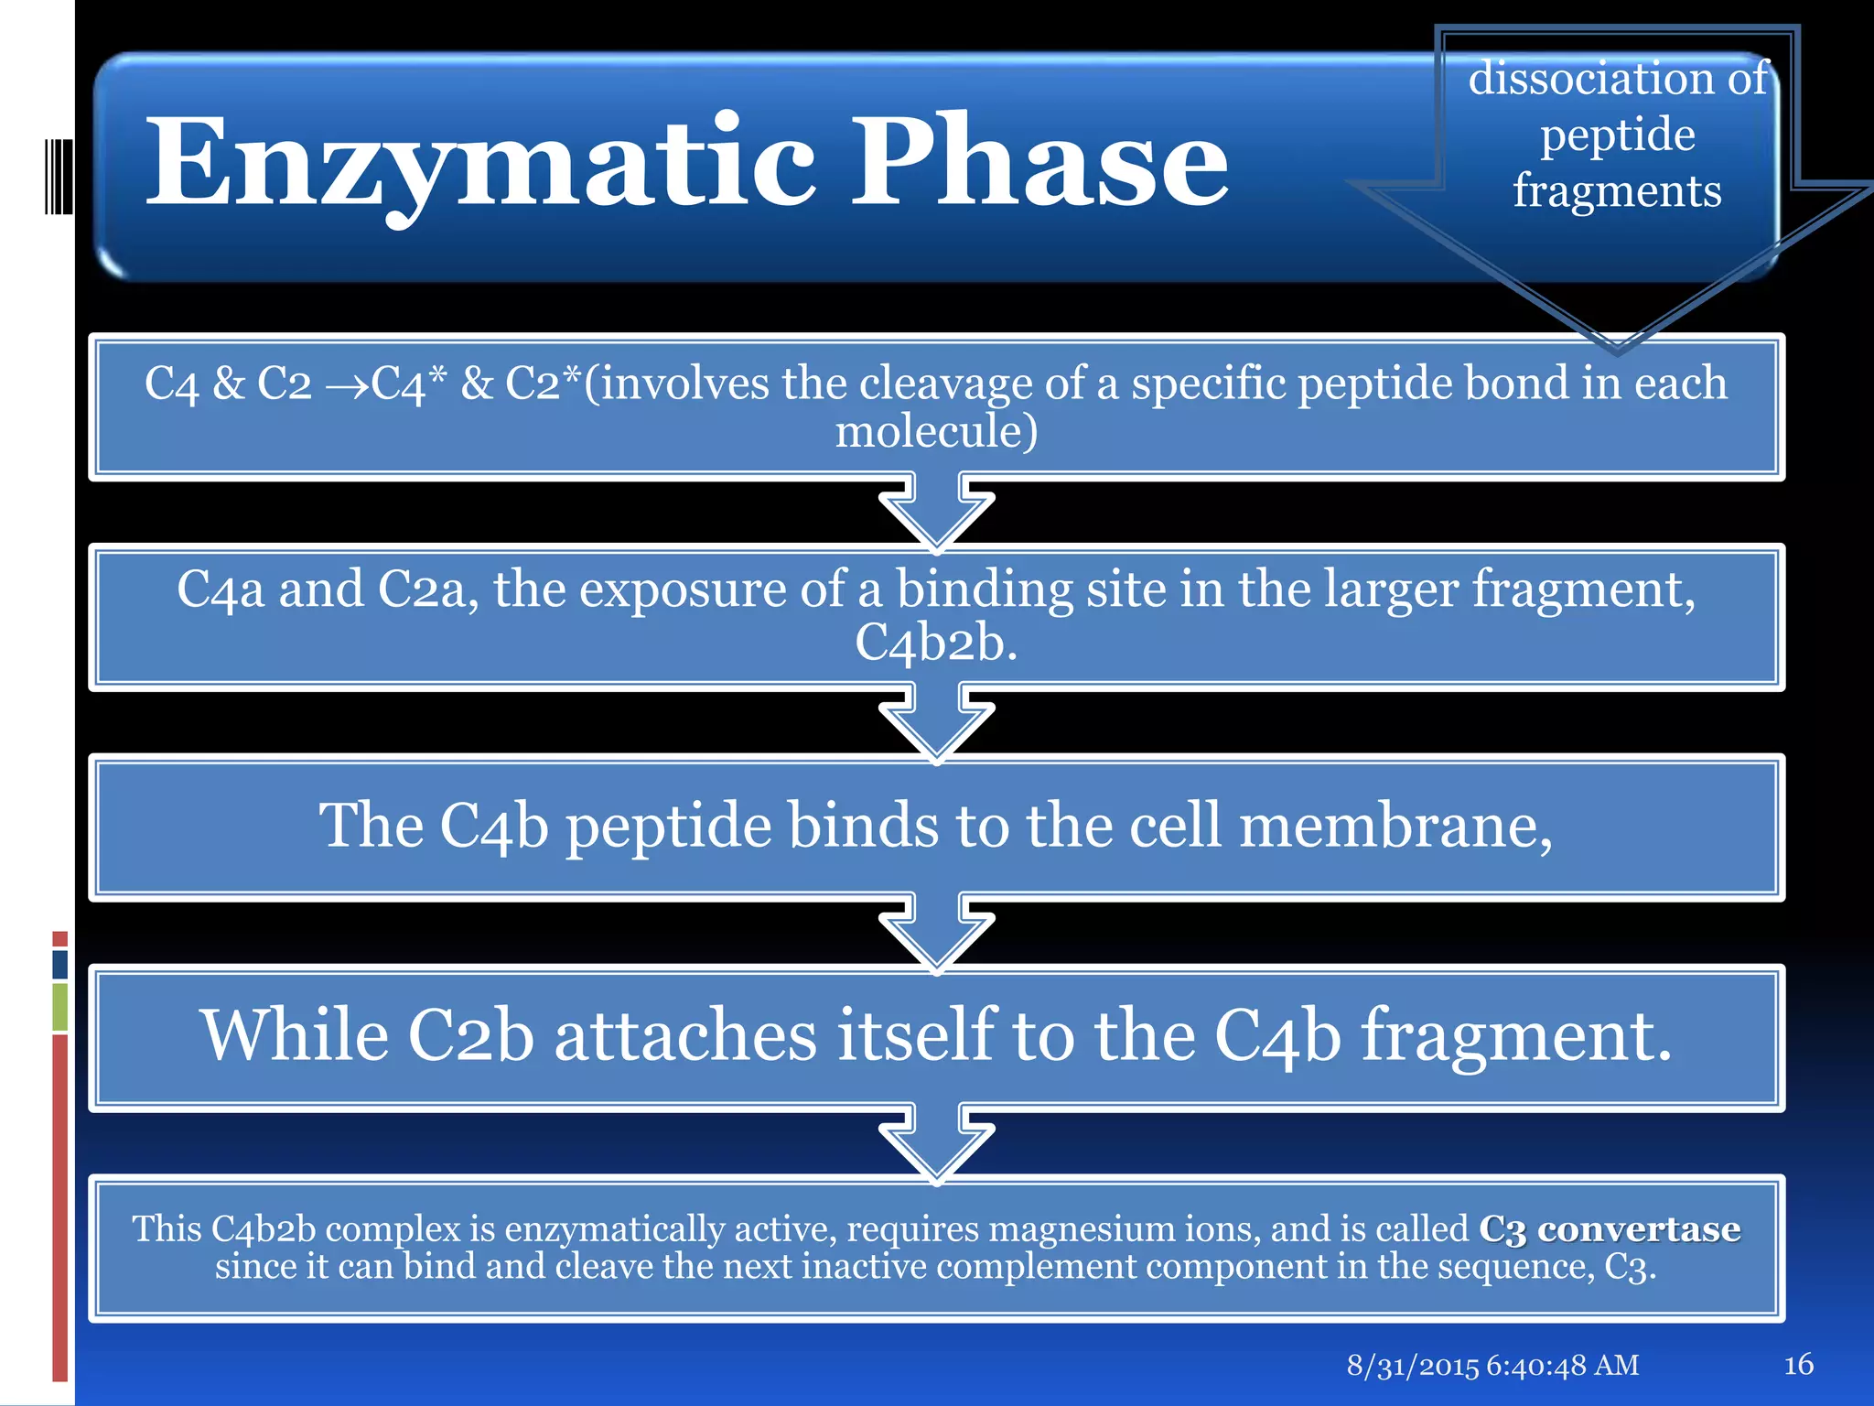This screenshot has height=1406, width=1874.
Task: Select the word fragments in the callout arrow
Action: coord(1617,192)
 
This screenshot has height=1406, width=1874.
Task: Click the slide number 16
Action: coord(1798,1365)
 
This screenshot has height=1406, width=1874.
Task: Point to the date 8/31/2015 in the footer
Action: coord(1412,1366)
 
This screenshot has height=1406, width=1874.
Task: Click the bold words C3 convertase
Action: coord(1610,1229)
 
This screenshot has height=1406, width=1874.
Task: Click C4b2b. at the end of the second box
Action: coord(936,643)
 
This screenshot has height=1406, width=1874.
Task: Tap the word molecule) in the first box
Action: coord(936,431)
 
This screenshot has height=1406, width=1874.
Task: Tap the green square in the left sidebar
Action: coord(60,1007)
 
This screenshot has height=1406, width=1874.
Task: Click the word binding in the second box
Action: coord(984,589)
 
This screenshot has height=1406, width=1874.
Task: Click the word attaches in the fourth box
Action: coord(685,1036)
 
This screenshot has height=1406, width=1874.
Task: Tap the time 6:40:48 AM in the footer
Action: coord(1562,1366)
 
